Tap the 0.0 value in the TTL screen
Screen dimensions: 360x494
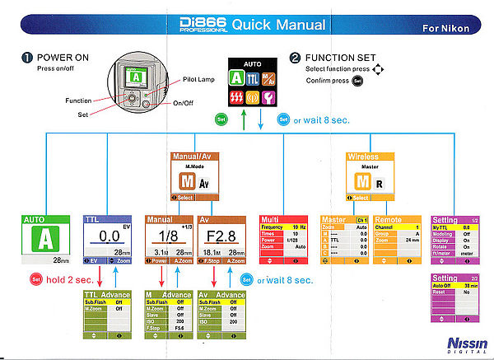(105, 237)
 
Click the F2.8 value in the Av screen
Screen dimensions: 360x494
(222, 237)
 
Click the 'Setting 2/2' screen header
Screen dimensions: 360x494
(456, 278)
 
